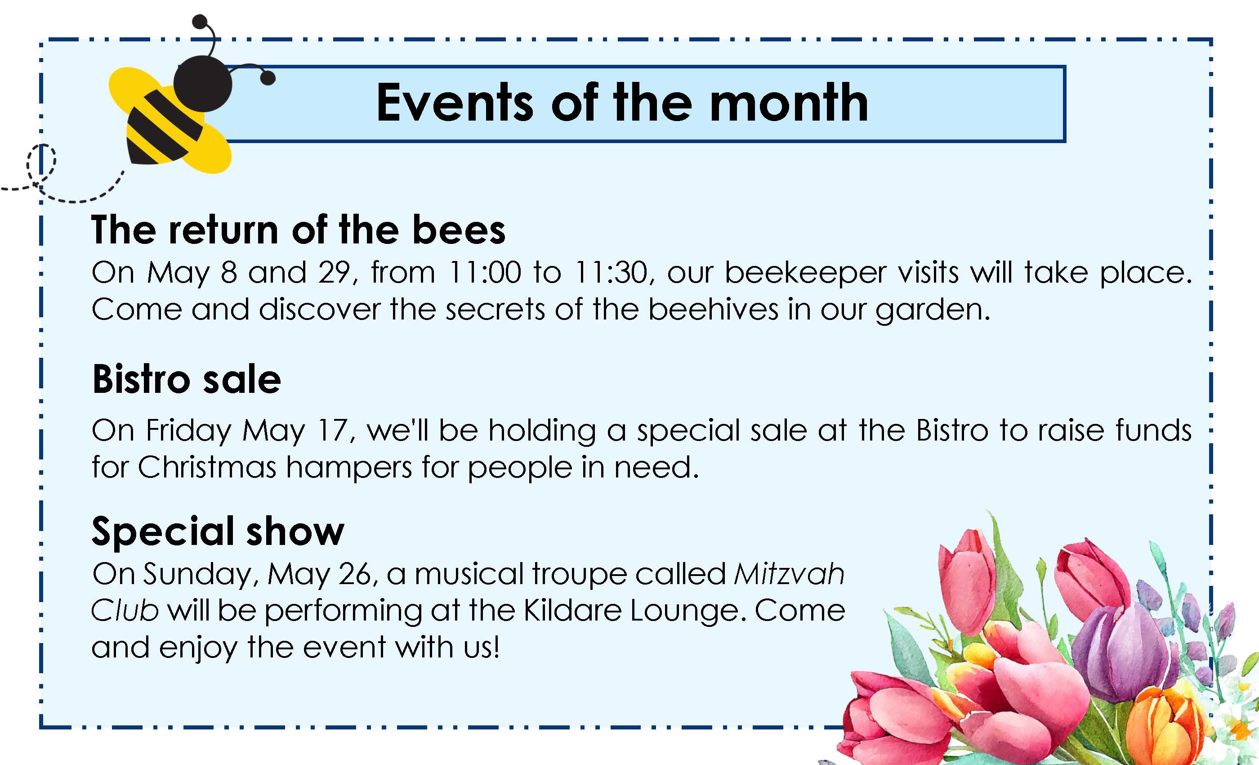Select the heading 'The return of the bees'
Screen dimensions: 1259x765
299,229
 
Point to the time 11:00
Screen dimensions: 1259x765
484,272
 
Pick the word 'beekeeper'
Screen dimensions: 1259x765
806,273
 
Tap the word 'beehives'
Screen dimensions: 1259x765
713,310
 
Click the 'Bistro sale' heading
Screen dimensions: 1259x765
187,379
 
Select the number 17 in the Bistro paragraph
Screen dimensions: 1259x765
333,430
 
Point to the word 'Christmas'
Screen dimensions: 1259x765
207,468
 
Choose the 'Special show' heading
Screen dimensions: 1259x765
218,531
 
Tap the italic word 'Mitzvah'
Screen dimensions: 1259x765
790,573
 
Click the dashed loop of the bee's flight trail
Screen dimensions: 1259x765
41,163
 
